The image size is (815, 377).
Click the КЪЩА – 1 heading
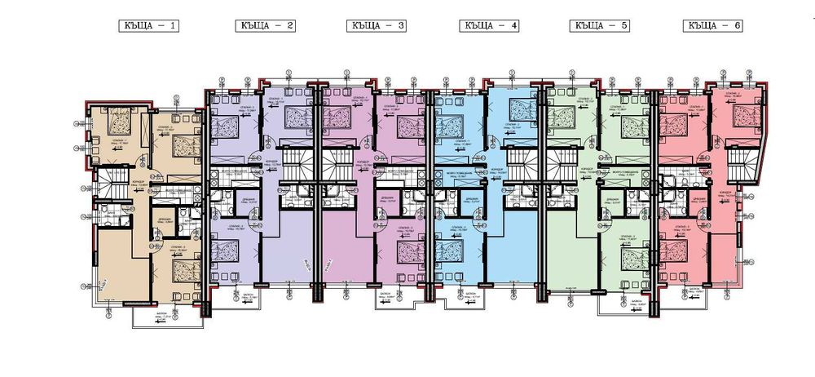pos(148,25)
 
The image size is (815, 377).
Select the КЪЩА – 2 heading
pos(262,25)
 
